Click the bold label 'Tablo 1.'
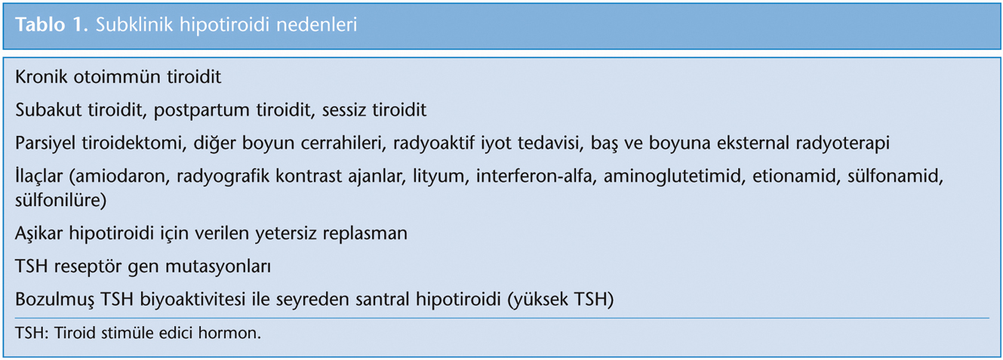tap(51, 25)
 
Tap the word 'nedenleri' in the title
tap(316, 25)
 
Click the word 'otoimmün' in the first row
tap(117, 76)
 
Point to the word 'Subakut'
tap(48, 109)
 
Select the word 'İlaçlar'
tap(39, 176)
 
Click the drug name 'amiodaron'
tap(119, 177)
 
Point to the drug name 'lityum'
tap(441, 177)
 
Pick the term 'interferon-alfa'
tap(534, 176)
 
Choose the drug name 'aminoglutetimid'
tap(675, 177)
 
